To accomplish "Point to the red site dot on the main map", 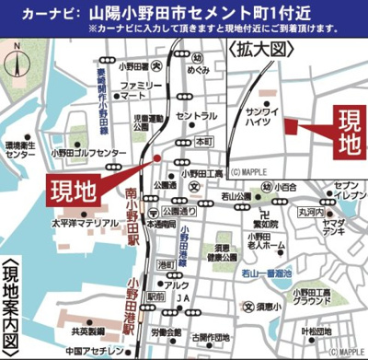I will pyautogui.click(x=157, y=159).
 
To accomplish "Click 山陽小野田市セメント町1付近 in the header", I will pyautogui.click(x=190, y=15).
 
